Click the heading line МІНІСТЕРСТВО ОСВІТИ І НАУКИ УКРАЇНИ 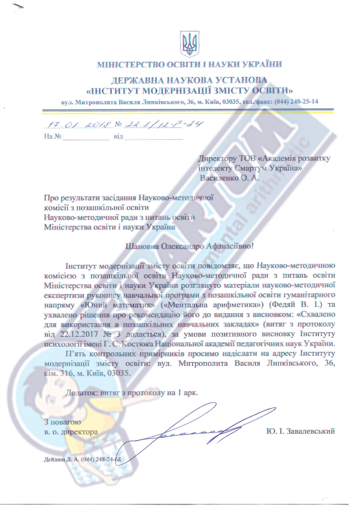pyautogui.click(x=189, y=64)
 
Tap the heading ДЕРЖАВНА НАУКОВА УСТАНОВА pyautogui.click(x=189, y=81)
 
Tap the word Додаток pyautogui.click(x=82, y=393)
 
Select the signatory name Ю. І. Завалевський pyautogui.click(x=300, y=431)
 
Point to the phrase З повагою pyautogui.click(x=62, y=421)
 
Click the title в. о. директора pyautogui.click(x=71, y=432)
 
